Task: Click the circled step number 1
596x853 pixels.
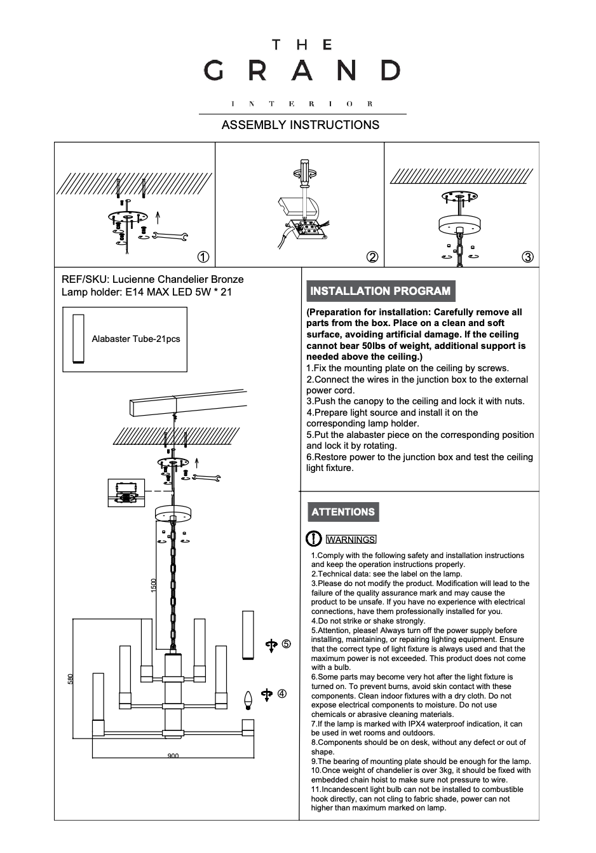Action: [203, 257]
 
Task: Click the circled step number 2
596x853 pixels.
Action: [373, 257]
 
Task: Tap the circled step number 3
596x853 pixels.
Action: [527, 257]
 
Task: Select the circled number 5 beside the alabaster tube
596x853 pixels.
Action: [287, 644]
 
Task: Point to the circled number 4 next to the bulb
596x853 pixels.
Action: [282, 693]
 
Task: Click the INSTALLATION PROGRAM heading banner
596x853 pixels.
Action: [380, 291]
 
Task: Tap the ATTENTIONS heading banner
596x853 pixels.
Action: [343, 512]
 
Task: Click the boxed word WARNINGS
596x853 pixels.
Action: [351, 540]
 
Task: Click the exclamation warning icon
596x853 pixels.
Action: [314, 539]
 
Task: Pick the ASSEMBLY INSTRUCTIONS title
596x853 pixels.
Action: [300, 125]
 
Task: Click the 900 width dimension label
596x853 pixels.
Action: [173, 756]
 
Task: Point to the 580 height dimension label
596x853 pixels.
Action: [71, 679]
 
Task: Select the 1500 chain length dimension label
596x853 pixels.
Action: [153, 585]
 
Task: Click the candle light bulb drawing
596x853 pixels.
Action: [249, 700]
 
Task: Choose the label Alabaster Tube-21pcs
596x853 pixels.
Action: [136, 339]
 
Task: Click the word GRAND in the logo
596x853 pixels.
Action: [302, 71]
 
